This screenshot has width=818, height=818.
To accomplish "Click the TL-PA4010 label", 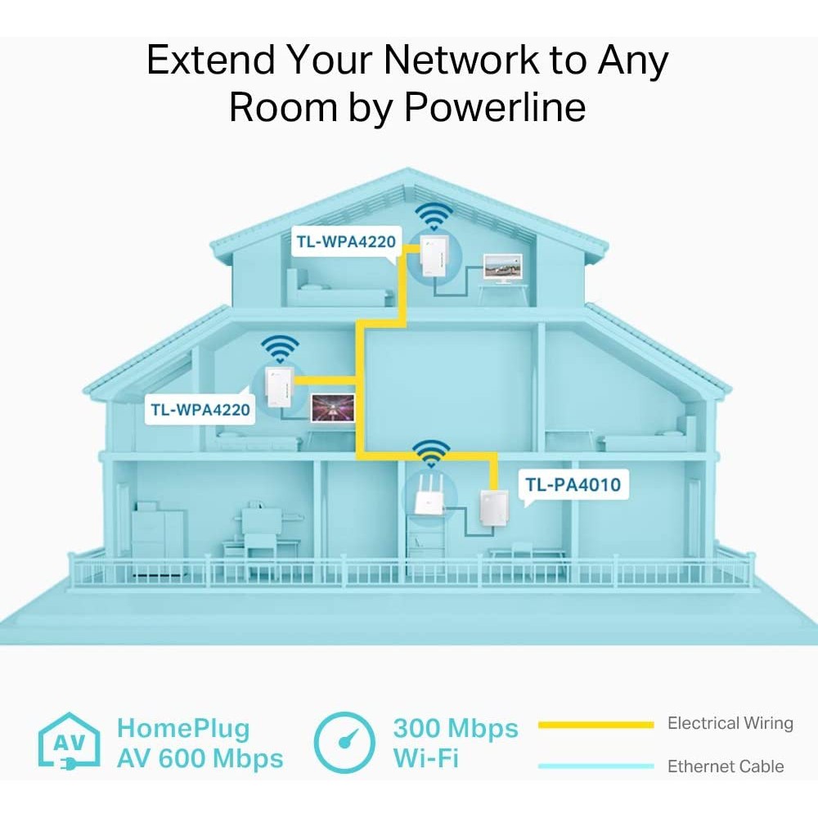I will tap(573, 484).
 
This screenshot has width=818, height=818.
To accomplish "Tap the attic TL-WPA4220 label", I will tap(347, 242).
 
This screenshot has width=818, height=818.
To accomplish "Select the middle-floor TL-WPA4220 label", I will tap(200, 409).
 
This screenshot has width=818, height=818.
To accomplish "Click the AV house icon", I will tap(70, 743).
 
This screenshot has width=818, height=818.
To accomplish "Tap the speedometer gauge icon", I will tap(344, 743).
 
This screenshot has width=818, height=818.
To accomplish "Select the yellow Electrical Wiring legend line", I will tap(596, 725).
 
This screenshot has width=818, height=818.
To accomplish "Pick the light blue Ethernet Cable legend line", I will tap(596, 766).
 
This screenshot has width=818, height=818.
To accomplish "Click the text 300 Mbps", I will tap(455, 728).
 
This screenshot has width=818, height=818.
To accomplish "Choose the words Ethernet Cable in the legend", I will tap(726, 766).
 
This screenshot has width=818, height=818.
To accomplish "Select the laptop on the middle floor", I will tap(332, 407).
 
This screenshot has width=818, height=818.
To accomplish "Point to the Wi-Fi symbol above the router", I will tap(431, 453).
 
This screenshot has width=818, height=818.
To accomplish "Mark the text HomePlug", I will tap(183, 728).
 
